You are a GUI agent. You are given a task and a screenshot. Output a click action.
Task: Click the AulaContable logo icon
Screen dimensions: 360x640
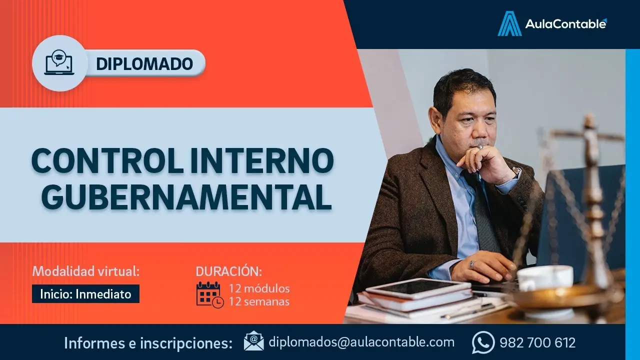pos(509,23)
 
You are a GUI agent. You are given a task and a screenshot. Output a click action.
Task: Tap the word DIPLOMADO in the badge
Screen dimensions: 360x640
pos(144,63)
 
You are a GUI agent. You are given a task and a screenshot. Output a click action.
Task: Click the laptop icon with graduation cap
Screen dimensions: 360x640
pos(59,63)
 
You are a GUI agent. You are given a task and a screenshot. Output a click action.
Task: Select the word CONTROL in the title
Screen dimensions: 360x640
pos(103,161)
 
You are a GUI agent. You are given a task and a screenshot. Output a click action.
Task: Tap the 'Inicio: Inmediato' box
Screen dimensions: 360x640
pos(85,293)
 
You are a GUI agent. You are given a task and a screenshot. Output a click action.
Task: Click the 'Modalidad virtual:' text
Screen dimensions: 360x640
pos(85,271)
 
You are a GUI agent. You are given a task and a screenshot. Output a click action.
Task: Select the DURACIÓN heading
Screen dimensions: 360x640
pos(228,271)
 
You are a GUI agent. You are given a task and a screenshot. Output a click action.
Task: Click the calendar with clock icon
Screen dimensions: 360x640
pos(209,294)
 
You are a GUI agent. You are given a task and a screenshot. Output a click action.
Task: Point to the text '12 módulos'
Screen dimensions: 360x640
pos(259,288)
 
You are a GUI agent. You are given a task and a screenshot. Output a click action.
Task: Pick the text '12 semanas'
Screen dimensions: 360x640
pos(259,301)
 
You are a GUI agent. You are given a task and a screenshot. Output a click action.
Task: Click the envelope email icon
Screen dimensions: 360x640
pos(253,341)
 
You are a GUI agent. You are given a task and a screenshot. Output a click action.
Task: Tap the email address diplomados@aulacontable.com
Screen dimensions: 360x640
pos(361,342)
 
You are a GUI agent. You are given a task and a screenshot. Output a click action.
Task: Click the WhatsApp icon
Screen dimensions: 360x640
pos(482,343)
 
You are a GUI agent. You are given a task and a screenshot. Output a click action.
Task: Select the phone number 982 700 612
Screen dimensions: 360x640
pos(537,343)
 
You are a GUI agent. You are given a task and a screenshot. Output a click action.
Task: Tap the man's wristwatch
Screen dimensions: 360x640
pos(515,173)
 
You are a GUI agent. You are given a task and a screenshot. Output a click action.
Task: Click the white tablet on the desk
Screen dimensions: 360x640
pos(417,288)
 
